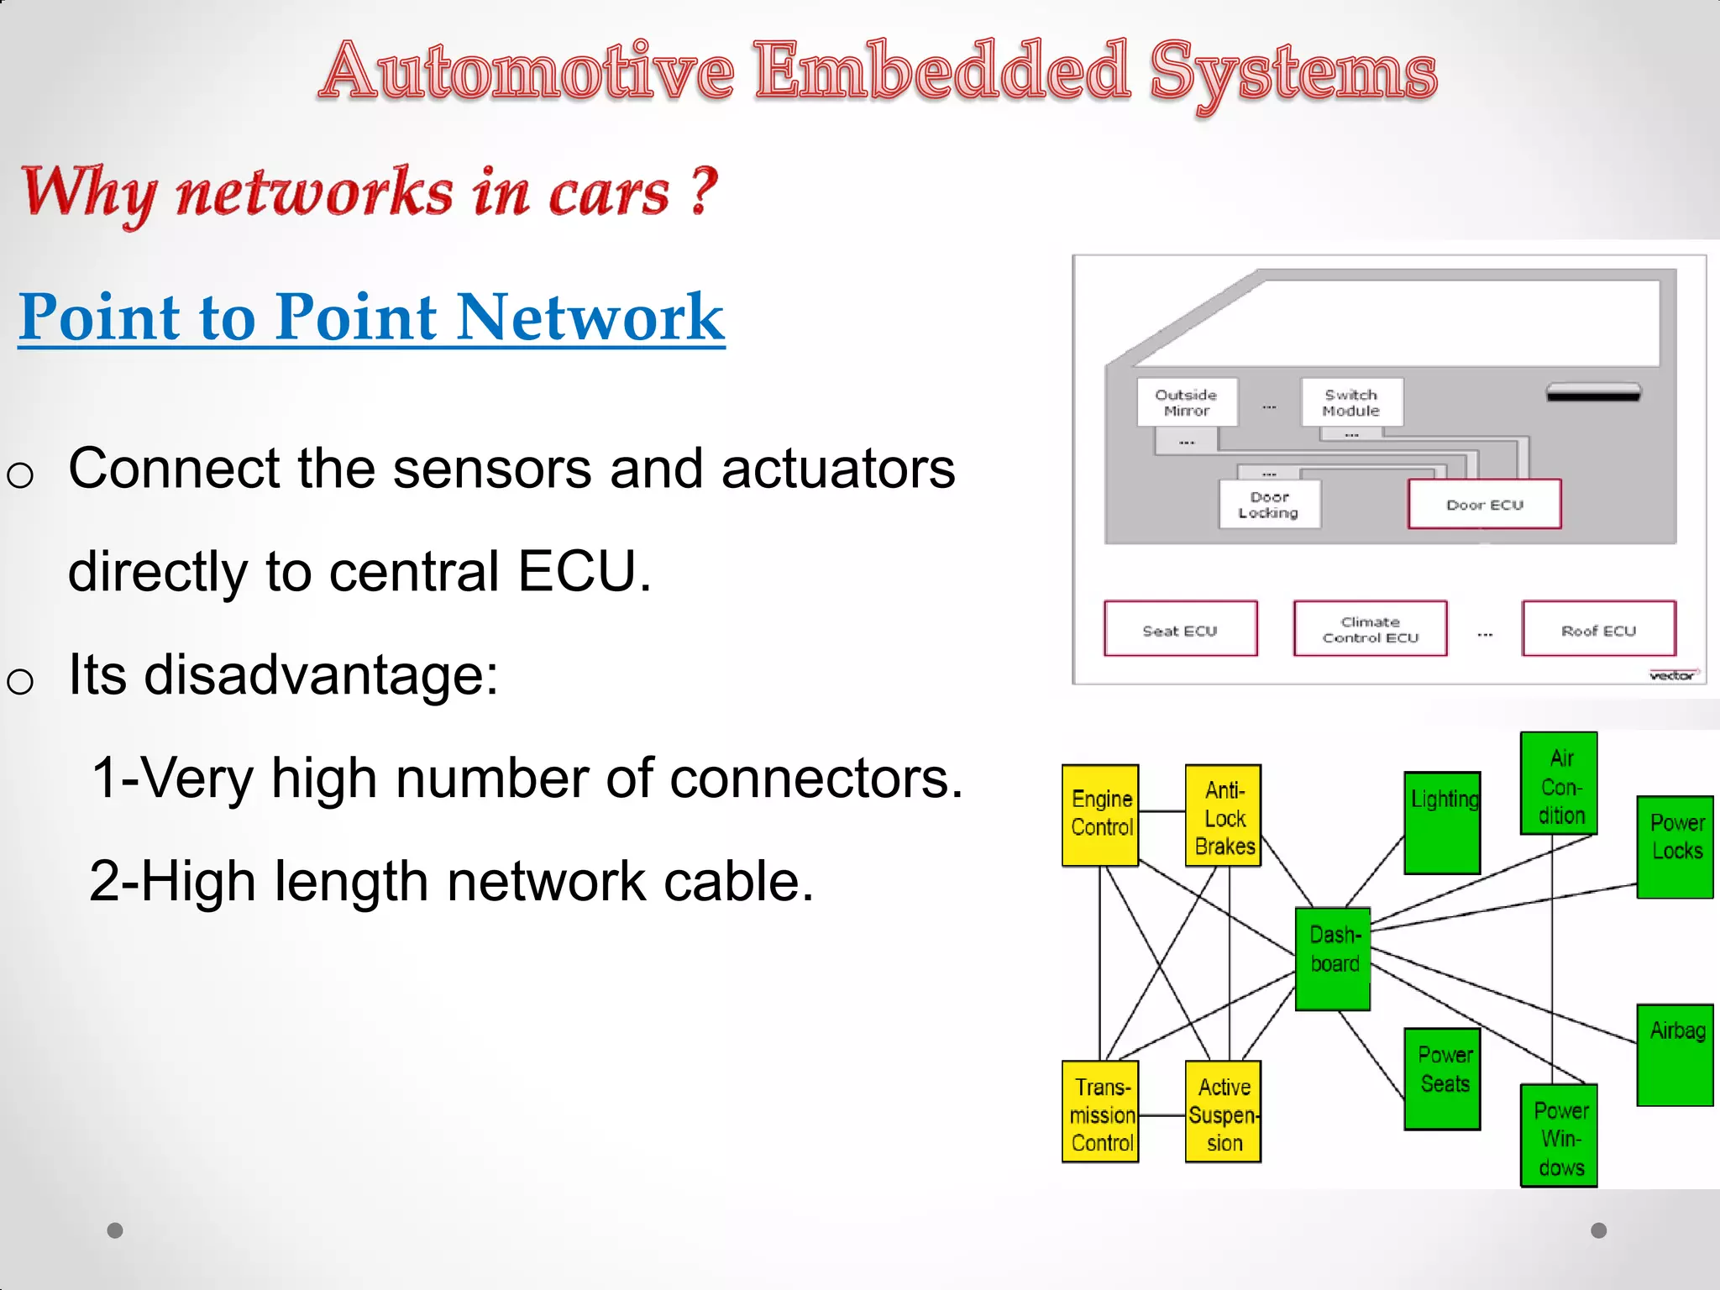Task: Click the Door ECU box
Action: click(x=1484, y=504)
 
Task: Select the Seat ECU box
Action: click(x=1180, y=628)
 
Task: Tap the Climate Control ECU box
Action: click(x=1370, y=628)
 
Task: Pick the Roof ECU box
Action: click(x=1598, y=628)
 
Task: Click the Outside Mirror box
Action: click(x=1187, y=402)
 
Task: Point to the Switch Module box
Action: click(x=1350, y=402)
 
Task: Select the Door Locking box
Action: click(x=1269, y=504)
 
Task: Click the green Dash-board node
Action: click(x=1333, y=958)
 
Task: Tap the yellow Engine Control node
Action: click(x=1100, y=815)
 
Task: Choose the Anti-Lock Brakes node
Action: click(x=1224, y=815)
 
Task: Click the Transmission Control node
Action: click(x=1100, y=1112)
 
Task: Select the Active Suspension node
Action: click(x=1224, y=1112)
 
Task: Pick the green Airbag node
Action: click(x=1675, y=1055)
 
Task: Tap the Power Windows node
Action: click(x=1559, y=1135)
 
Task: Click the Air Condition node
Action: click(x=1559, y=783)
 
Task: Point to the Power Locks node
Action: click(x=1675, y=847)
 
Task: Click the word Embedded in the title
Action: click(x=941, y=71)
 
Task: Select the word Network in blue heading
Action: click(x=590, y=317)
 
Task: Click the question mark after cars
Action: click(x=704, y=191)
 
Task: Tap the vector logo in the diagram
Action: click(x=1672, y=675)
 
